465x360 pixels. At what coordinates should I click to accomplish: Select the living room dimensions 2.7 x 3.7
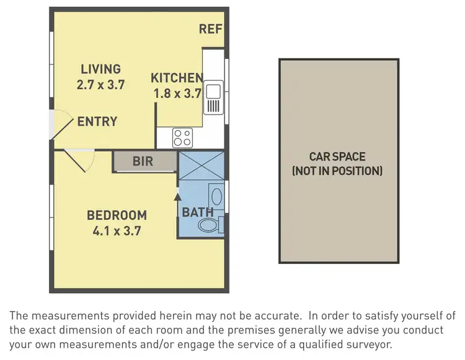tap(100, 85)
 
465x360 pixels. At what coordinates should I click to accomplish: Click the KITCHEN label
tap(177, 78)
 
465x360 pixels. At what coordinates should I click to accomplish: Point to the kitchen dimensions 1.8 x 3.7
tap(178, 94)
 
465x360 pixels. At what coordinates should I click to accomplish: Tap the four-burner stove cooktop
tap(182, 137)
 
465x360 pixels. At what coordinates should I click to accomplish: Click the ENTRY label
tap(97, 121)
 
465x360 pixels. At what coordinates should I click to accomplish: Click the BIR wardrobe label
tap(144, 162)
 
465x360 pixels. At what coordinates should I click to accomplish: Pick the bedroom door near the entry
tap(79, 162)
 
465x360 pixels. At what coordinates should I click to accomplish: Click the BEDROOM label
tap(117, 216)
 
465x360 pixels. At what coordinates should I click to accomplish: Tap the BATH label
tap(197, 212)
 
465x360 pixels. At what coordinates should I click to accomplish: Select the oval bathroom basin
tap(216, 198)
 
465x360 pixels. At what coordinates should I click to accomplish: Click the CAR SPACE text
tap(337, 157)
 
